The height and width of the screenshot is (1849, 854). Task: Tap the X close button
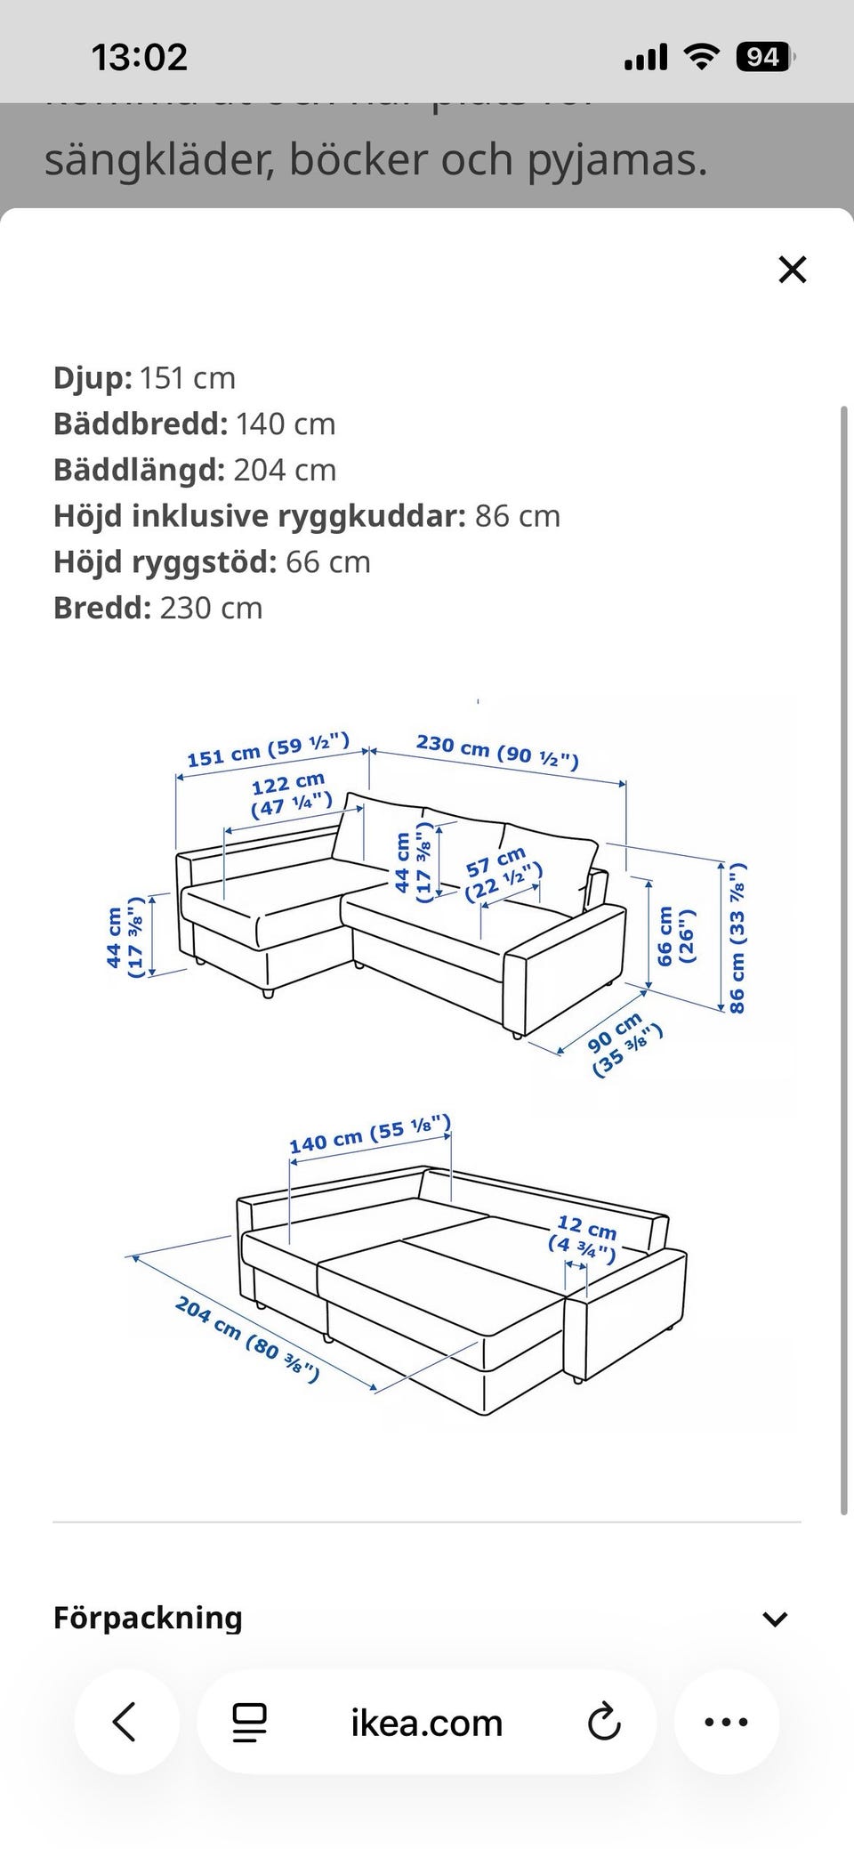click(x=792, y=269)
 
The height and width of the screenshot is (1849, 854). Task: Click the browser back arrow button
click(x=125, y=1721)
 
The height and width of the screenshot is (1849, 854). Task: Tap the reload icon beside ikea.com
click(x=604, y=1722)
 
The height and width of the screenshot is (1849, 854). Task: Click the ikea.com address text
click(x=427, y=1723)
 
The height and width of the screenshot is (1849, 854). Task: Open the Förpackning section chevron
click(x=775, y=1619)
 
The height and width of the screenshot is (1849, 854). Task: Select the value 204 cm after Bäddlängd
click(x=285, y=470)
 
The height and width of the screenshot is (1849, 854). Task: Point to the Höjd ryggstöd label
click(x=165, y=562)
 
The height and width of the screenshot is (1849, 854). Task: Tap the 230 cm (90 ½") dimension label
click(x=497, y=750)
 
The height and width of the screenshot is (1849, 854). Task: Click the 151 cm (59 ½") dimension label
click(x=268, y=750)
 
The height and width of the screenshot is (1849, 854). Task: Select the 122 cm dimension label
click(x=290, y=794)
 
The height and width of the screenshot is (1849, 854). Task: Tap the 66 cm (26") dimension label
click(x=675, y=936)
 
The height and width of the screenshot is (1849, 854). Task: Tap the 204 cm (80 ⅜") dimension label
click(x=247, y=1339)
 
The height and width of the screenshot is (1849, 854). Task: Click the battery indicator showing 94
click(x=763, y=58)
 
